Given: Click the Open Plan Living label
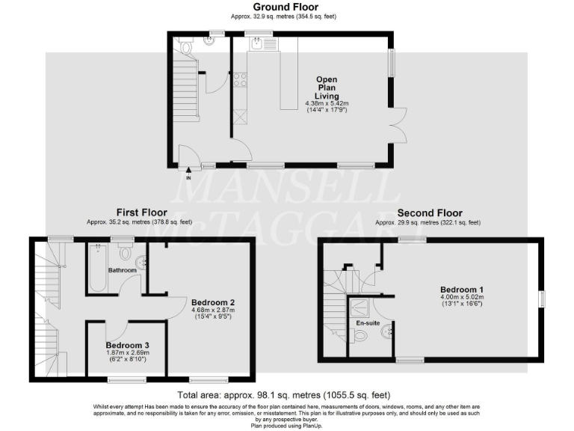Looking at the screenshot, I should (x=327, y=88).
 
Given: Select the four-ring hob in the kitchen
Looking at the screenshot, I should (x=241, y=79).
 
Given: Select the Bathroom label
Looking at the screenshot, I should (x=123, y=269).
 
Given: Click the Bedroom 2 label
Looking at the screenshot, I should (x=212, y=302).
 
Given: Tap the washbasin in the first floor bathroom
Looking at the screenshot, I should (x=142, y=260).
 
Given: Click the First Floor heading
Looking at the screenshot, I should (x=139, y=213).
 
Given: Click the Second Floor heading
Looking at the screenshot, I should (x=429, y=213).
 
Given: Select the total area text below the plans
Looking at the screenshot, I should (x=283, y=394).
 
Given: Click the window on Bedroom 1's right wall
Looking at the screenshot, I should (x=543, y=299).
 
